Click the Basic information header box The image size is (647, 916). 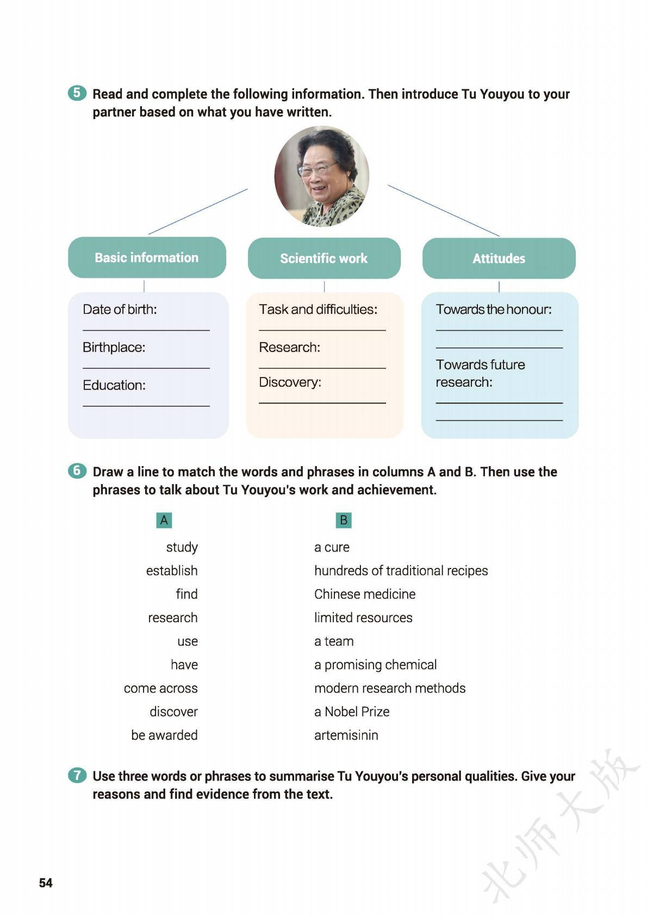(147, 257)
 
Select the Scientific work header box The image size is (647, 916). (324, 258)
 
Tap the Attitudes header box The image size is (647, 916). (499, 258)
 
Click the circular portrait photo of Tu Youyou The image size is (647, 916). (322, 176)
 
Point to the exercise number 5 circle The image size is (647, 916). (77, 93)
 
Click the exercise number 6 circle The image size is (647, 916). (77, 471)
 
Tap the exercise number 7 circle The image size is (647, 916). (77, 775)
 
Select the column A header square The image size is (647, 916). (164, 520)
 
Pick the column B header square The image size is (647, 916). (344, 520)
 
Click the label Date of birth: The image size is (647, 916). (120, 310)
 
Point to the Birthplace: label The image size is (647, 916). (114, 348)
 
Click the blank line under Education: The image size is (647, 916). (146, 405)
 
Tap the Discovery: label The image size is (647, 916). (290, 382)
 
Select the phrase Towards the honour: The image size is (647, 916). (494, 310)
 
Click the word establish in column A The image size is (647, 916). (172, 571)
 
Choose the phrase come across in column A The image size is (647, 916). (160, 688)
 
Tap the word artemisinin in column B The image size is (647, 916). (346, 735)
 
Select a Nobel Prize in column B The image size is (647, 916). (352, 711)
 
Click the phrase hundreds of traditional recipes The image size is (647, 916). (401, 571)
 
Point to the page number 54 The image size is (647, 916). (46, 883)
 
